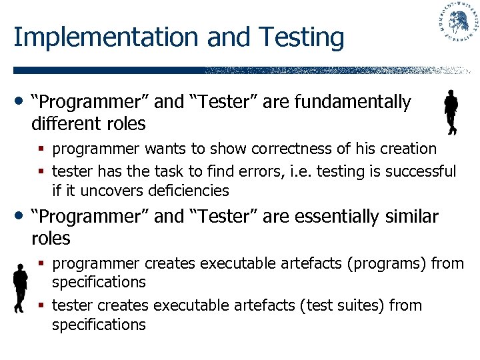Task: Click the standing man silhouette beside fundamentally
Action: (x=451, y=113)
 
